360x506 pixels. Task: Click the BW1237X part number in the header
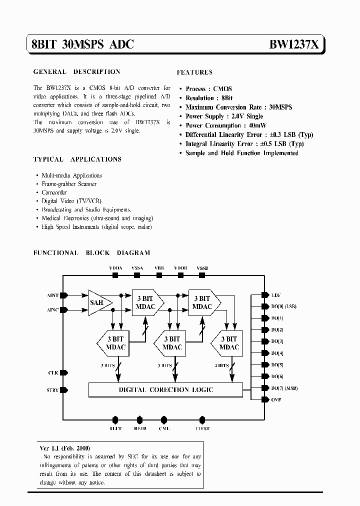pos(294,44)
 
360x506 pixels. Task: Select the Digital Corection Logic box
pos(165,389)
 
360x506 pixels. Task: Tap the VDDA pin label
pos(115,268)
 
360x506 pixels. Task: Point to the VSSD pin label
pos(202,268)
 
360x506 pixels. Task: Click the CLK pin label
pos(53,372)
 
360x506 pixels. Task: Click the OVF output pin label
pos(276,399)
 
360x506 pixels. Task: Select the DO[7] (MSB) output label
pos(284,388)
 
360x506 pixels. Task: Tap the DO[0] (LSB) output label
pos(283,306)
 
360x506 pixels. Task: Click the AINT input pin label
pos(52,295)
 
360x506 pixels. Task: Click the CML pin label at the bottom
pos(164,428)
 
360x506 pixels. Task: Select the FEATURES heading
pos(194,72)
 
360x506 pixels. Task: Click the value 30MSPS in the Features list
pos(280,107)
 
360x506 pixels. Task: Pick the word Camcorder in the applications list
pos(54,192)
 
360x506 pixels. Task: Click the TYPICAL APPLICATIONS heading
pos(77,159)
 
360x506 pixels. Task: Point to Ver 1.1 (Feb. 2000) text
pos(65,448)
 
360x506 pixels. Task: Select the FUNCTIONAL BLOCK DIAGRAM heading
pos(91,253)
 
